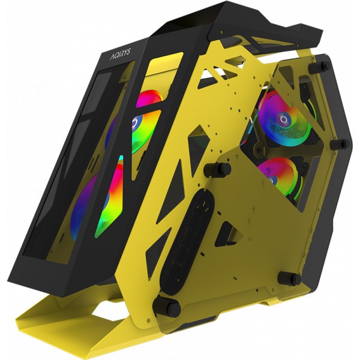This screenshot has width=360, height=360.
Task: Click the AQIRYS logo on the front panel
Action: (121, 54)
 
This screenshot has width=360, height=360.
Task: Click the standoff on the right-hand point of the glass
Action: (340, 143)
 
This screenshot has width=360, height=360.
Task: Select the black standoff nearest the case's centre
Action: (217, 169)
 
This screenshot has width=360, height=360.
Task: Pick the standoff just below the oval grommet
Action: (166, 305)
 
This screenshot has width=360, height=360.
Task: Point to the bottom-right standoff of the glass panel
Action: (290, 278)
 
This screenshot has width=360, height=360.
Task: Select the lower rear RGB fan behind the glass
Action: (279, 177)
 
